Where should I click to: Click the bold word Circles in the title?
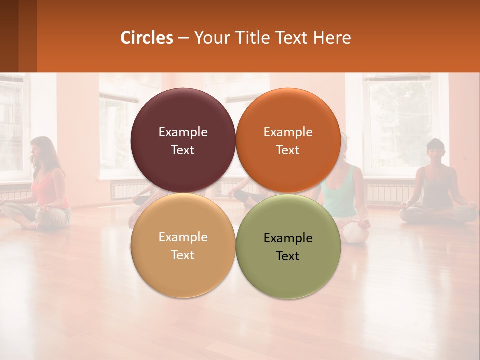tap(147, 38)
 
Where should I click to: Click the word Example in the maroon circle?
tap(183, 132)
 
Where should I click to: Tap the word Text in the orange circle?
tap(288, 150)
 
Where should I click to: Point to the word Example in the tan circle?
tap(183, 237)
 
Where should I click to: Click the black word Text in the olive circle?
tap(288, 256)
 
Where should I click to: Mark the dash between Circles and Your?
tap(183, 38)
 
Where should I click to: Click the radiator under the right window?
tap(390, 192)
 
